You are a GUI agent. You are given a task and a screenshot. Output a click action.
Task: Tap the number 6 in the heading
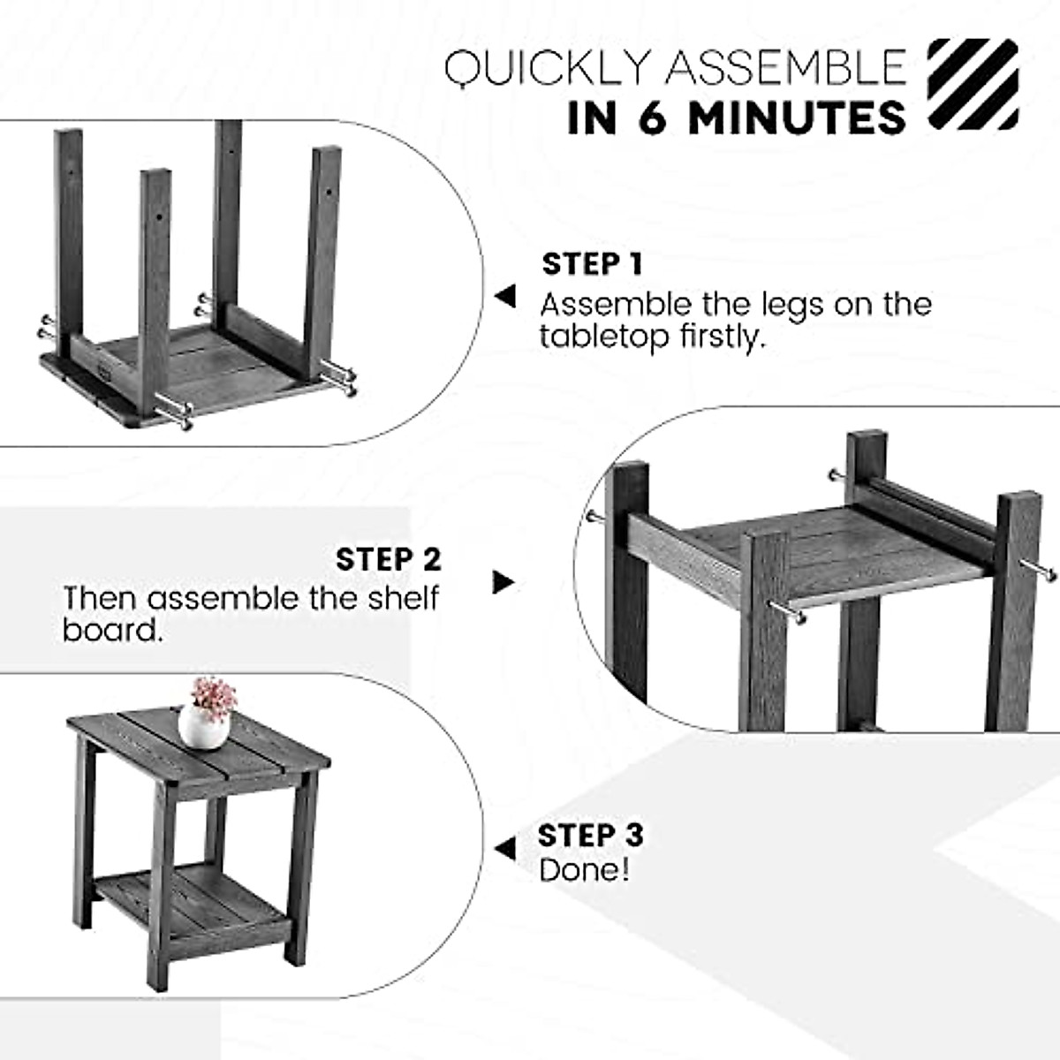pyautogui.click(x=653, y=118)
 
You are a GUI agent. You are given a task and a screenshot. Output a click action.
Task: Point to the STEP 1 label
pyautogui.click(x=592, y=264)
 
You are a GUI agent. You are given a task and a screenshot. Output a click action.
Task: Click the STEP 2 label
pyautogui.click(x=388, y=559)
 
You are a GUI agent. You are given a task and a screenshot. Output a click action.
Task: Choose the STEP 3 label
pyautogui.click(x=590, y=835)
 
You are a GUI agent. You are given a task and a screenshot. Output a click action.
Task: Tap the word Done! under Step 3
pyautogui.click(x=584, y=870)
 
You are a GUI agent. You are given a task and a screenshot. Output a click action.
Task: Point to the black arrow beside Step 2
pyautogui.click(x=503, y=582)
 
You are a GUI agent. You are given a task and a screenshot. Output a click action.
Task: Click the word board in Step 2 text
pyautogui.click(x=112, y=630)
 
